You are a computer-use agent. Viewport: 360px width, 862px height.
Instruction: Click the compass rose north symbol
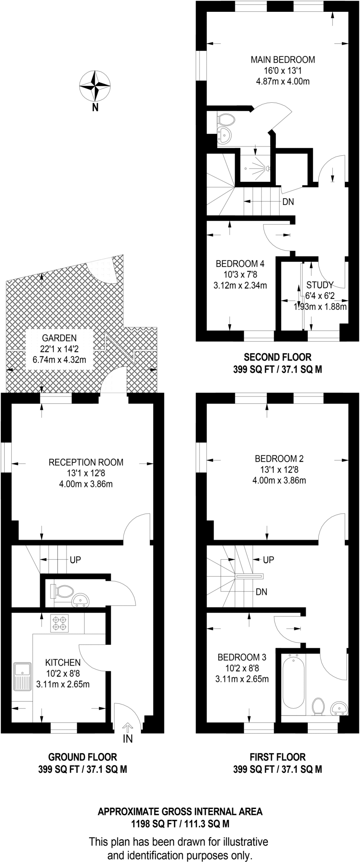point(95,86)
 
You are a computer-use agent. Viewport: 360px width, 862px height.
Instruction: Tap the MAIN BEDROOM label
point(283,59)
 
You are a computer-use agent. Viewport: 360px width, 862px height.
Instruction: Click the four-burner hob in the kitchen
point(59,623)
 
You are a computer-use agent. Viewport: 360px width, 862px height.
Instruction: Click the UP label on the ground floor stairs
point(75,560)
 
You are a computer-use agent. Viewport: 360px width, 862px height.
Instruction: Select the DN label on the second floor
point(288,202)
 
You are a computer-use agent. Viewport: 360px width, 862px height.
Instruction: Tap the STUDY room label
point(320,285)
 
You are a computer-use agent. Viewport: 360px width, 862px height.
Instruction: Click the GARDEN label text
point(59,338)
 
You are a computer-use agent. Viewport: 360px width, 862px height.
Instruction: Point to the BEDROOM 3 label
point(242,657)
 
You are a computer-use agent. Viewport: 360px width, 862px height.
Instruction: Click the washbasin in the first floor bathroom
point(339,708)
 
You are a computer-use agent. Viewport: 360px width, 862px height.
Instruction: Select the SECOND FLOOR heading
point(277,357)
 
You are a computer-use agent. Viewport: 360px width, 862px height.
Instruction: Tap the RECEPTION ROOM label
point(86,462)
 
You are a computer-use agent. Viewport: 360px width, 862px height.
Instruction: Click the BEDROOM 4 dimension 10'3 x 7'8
point(240,275)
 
